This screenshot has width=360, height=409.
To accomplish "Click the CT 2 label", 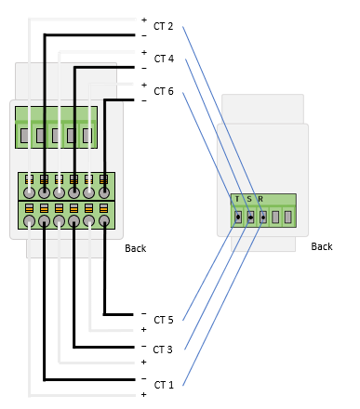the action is (x=163, y=26).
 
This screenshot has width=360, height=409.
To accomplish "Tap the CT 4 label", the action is (x=164, y=59).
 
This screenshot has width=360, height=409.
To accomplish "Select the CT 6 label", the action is (x=164, y=91).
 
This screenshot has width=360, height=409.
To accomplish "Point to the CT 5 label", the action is (x=164, y=320).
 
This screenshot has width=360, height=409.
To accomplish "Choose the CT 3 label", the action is (x=163, y=350).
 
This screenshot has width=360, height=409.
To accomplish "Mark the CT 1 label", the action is (x=164, y=385).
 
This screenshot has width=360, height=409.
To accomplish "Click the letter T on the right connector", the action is (x=237, y=199).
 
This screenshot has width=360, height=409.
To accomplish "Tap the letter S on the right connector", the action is (x=249, y=199).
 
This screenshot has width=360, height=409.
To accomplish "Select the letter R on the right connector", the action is (x=260, y=199).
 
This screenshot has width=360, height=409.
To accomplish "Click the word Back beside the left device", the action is (x=136, y=248).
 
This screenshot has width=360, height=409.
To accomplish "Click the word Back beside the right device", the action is (x=322, y=246).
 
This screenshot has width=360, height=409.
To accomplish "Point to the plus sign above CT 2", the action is (x=144, y=20).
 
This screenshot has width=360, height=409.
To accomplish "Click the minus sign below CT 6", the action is (x=144, y=101).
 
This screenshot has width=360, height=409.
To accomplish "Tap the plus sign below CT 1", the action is (x=143, y=394).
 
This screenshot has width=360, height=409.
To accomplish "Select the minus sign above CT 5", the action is (x=143, y=313).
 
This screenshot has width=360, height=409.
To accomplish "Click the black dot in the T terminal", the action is (x=238, y=217).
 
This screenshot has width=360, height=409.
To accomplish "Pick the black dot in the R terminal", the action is (x=263, y=218).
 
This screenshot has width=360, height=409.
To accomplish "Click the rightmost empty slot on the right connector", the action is (x=288, y=217).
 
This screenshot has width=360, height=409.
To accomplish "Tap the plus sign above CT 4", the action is (x=144, y=53).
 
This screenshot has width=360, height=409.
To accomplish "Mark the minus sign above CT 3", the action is (x=143, y=346).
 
